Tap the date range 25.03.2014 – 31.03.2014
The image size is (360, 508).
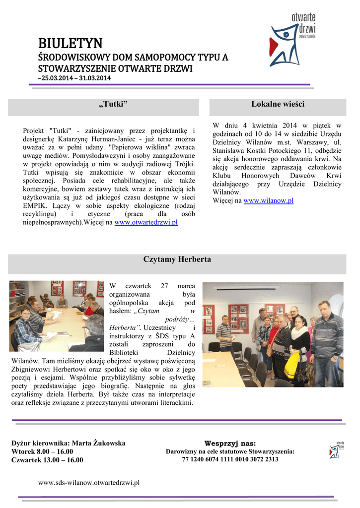75,78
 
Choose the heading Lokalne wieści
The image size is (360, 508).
278,104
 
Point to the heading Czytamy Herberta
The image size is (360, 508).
177,259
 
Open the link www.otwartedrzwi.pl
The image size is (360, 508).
146,223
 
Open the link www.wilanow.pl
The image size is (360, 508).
268,200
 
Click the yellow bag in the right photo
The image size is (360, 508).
292,365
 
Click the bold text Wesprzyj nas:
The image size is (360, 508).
230,443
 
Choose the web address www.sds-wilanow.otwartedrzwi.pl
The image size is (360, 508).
88,482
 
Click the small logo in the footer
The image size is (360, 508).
337,449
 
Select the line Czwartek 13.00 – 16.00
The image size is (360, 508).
47,460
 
